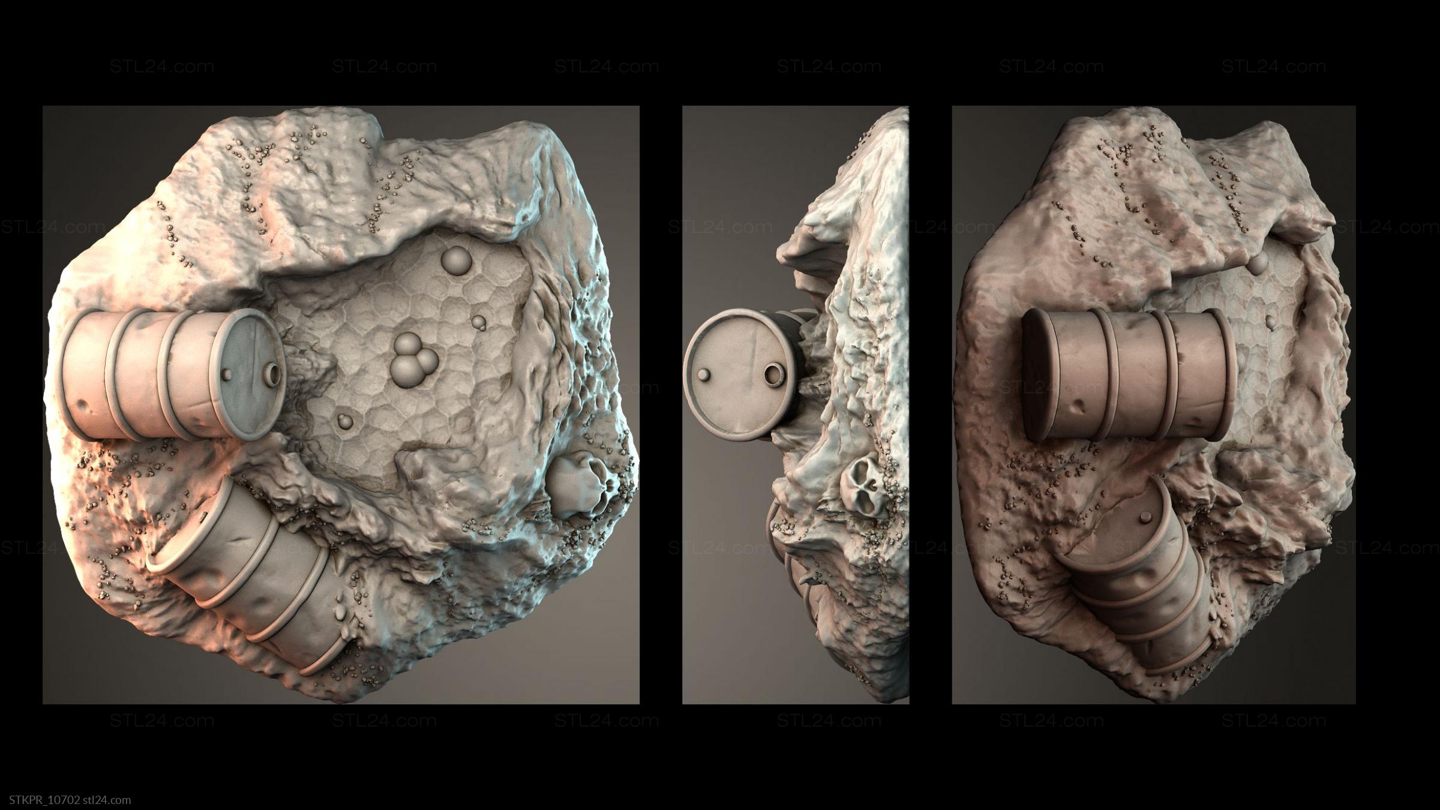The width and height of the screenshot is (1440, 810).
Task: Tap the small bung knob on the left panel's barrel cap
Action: pyautogui.click(x=229, y=374)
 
